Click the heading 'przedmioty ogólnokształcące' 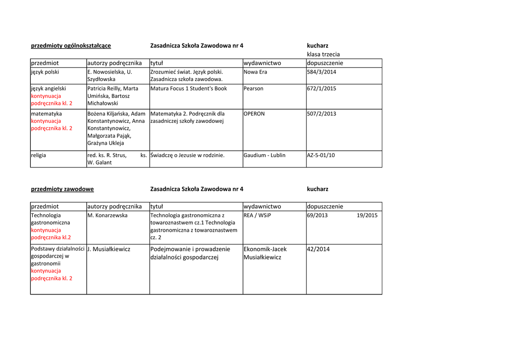tap(71, 46)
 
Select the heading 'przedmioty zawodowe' tap(62, 189)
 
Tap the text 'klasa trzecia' tap(323, 54)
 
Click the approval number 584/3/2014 tap(321, 72)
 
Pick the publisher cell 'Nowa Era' tap(255, 72)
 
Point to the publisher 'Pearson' tap(254, 89)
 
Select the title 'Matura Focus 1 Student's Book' tap(188, 89)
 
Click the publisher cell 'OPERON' tap(254, 114)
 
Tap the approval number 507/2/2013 tap(321, 114)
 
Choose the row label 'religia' tap(38, 155)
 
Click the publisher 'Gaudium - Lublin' tap(264, 155)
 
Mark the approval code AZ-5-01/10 tap(321, 155)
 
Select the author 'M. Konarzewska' tap(107, 215)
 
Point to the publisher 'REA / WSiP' tap(257, 215)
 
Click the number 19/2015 tap(367, 215)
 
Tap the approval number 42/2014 tap(318, 249)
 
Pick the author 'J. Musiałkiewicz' tap(108, 249)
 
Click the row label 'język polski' tap(45, 72)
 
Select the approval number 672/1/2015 tap(321, 89)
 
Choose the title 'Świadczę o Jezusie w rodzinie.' tap(187, 155)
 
